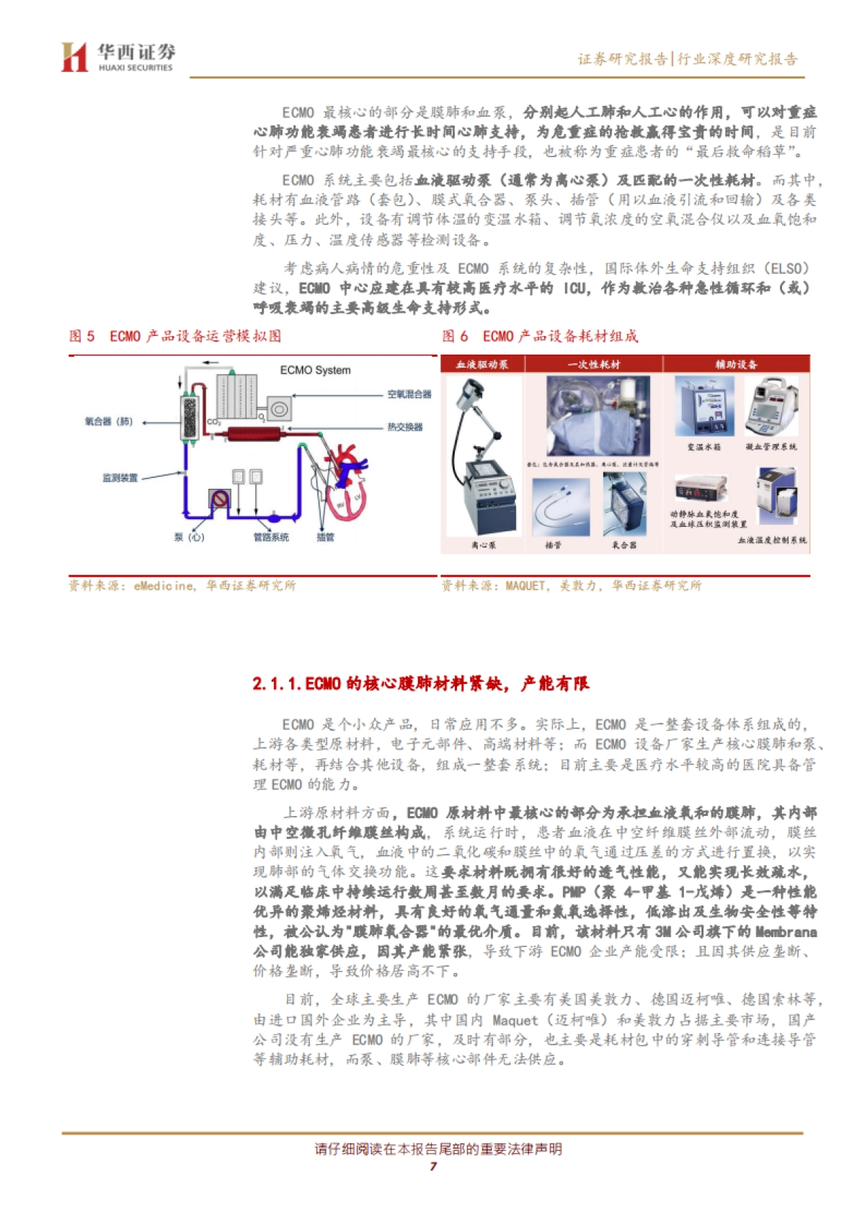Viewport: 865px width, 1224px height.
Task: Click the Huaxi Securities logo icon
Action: coord(74,57)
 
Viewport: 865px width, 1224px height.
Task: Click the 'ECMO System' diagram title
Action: coord(315,370)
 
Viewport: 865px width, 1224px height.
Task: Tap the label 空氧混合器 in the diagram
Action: coord(409,394)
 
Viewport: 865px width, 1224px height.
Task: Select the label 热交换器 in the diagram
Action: coord(405,427)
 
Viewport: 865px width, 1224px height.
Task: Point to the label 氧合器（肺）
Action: coord(109,422)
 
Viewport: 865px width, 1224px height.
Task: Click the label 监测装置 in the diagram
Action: coord(120,478)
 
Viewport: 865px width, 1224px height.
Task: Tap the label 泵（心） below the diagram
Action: coord(189,537)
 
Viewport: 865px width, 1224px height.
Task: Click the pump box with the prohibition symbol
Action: coord(219,499)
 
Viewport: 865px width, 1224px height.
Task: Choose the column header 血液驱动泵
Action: coord(482,365)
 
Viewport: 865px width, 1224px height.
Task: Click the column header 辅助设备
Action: coord(736,365)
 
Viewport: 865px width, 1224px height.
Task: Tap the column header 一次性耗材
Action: coord(593,365)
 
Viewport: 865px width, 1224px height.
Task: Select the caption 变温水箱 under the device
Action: coord(703,447)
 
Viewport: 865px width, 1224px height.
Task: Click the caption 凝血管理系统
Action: coord(771,447)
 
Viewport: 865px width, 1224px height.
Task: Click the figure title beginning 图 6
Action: coord(539,336)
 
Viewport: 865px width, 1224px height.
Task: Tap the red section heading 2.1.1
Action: coord(420,683)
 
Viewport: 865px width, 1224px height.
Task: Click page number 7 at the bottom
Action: coord(432,1166)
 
